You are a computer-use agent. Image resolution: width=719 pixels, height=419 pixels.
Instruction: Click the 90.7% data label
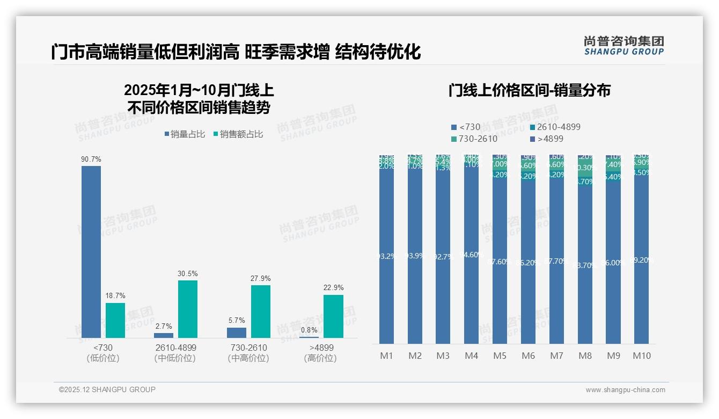91,160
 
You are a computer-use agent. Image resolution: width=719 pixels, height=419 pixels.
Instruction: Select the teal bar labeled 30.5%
187,309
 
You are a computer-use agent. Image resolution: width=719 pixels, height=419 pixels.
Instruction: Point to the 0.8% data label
309,330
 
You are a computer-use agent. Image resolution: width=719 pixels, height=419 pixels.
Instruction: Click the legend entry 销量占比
185,134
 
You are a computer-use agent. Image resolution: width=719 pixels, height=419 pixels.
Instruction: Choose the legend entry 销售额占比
238,134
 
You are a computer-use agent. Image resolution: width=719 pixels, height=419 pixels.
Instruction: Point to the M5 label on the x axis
500,356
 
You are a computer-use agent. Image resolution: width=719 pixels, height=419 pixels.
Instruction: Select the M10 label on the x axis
641,356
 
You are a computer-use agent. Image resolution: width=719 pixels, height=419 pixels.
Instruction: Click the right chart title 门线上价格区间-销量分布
529,90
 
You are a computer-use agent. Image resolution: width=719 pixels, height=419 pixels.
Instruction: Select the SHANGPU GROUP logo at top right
623,45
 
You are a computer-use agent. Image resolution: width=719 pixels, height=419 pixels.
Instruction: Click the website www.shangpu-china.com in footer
625,390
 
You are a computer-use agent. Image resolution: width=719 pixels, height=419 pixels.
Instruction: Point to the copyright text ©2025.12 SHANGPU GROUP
107,389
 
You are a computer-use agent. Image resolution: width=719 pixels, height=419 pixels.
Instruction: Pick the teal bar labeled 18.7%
115,320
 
